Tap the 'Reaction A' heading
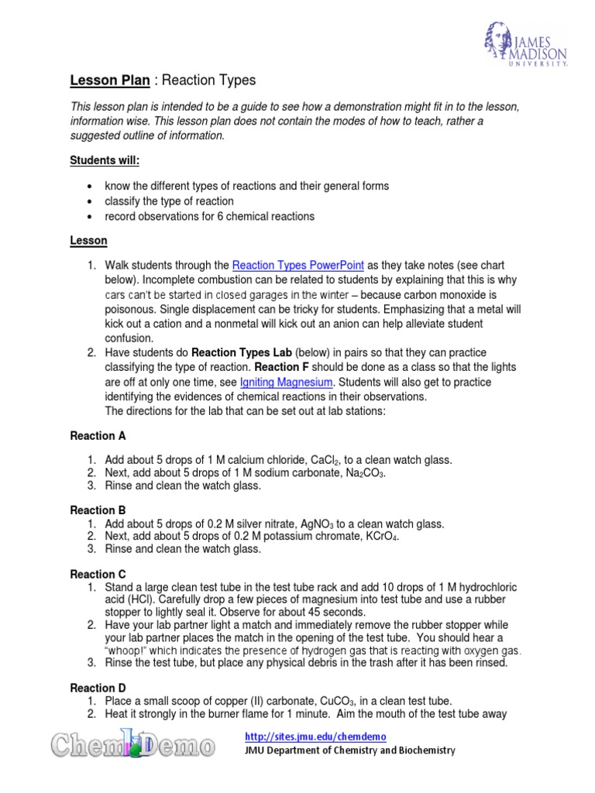98,437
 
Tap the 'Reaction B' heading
98,510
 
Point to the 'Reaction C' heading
98,574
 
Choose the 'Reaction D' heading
98,688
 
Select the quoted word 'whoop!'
134,651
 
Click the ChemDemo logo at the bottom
132,747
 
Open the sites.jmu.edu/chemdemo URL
315,736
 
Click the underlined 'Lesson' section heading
88,241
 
